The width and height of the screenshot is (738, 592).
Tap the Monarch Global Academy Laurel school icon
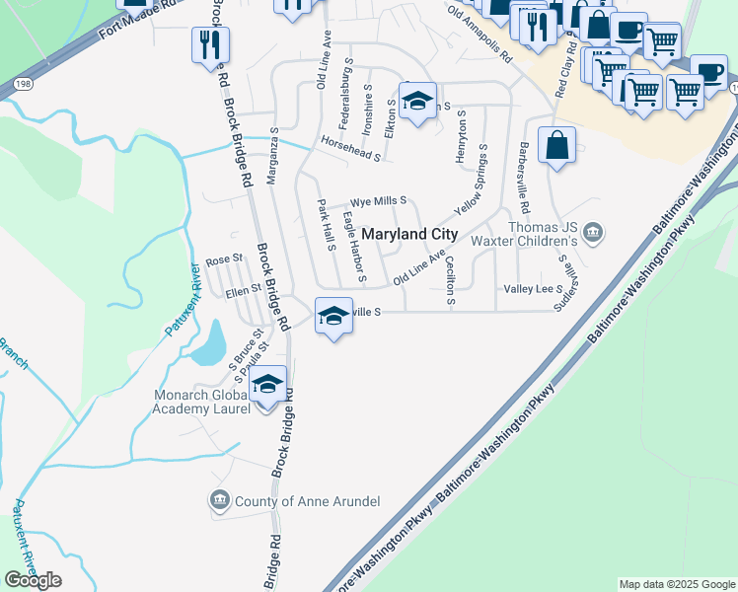click(x=266, y=385)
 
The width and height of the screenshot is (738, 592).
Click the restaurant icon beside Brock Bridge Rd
click(x=211, y=43)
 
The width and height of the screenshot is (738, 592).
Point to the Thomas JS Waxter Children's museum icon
click(x=592, y=233)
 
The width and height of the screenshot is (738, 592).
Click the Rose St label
click(x=224, y=259)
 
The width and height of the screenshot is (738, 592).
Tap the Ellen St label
click(x=242, y=289)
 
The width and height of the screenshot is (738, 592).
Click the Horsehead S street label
click(x=350, y=150)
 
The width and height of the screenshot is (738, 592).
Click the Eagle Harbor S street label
click(x=354, y=246)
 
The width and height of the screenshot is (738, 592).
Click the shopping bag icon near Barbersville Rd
click(x=557, y=145)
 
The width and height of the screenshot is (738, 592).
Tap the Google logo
click(x=33, y=579)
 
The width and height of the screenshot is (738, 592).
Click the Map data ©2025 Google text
click(x=676, y=584)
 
